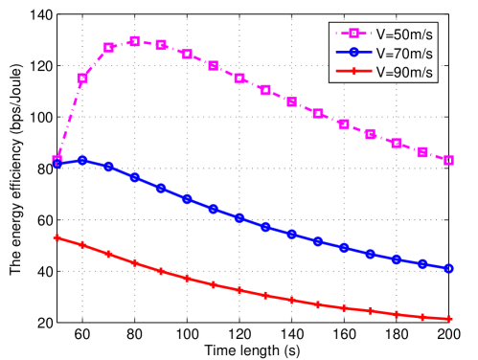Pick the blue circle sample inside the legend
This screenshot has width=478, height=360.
pyautogui.click(x=352, y=54)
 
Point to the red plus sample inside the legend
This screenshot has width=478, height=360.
pyautogui.click(x=352, y=72)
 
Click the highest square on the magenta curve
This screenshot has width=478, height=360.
pyautogui.click(x=135, y=41)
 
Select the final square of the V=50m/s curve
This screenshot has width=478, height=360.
pyautogui.click(x=448, y=161)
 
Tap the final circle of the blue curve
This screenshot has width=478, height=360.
pyautogui.click(x=448, y=269)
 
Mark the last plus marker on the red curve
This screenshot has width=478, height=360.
pyautogui.click(x=448, y=319)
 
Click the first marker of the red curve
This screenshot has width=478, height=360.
pyautogui.click(x=57, y=237)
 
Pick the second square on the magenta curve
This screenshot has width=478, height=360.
pyautogui.click(x=82, y=79)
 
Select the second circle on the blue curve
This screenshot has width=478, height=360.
pyautogui.click(x=82, y=161)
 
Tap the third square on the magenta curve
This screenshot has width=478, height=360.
pyautogui.click(x=109, y=47)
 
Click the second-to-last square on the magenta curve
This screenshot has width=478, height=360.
pyautogui.click(x=422, y=152)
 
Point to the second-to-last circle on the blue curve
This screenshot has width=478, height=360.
pyautogui.click(x=422, y=263)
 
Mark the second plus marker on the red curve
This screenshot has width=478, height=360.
pyautogui.click(x=82, y=245)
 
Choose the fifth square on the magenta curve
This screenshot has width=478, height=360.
pyautogui.click(x=161, y=45)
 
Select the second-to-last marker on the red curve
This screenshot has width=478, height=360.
pyautogui.click(x=422, y=316)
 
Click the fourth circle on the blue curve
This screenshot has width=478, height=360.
pyautogui.click(x=135, y=177)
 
